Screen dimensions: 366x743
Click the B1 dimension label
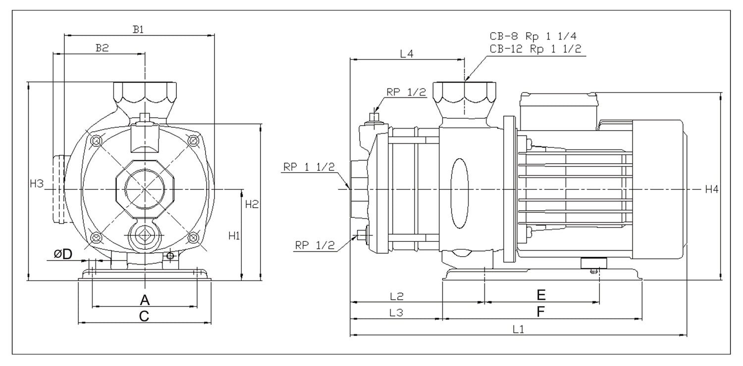[x=138, y=29]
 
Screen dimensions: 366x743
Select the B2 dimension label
[x=102, y=47]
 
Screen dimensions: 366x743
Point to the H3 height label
[x=37, y=184]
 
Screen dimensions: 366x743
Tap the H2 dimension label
[x=253, y=204]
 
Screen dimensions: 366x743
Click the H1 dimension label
[x=234, y=236]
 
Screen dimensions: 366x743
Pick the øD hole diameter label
[x=63, y=254]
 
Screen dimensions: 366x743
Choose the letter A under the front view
[x=144, y=299]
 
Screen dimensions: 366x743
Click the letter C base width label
[x=144, y=317]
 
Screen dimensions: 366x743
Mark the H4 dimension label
[x=712, y=189]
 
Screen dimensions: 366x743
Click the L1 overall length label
[x=518, y=328]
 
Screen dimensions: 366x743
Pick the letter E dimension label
[x=541, y=295]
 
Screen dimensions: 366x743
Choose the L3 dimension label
[x=396, y=313]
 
